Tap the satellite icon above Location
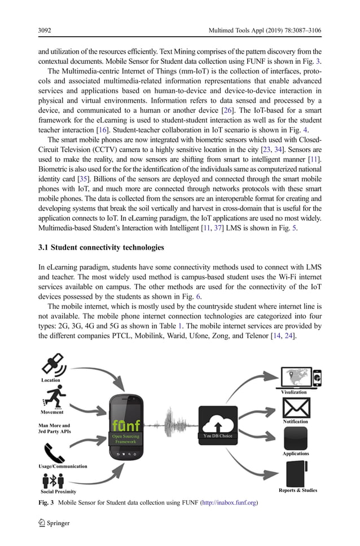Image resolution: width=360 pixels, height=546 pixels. tap(54, 365)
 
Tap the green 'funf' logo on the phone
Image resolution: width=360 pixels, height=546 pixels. tap(125, 424)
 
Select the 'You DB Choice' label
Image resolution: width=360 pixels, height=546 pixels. tap(217, 436)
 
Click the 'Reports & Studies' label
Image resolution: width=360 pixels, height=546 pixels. tap(298, 490)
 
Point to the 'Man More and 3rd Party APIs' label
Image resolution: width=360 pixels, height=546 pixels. tap(54, 429)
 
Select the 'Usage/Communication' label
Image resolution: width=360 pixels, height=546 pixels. tap(63, 466)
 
